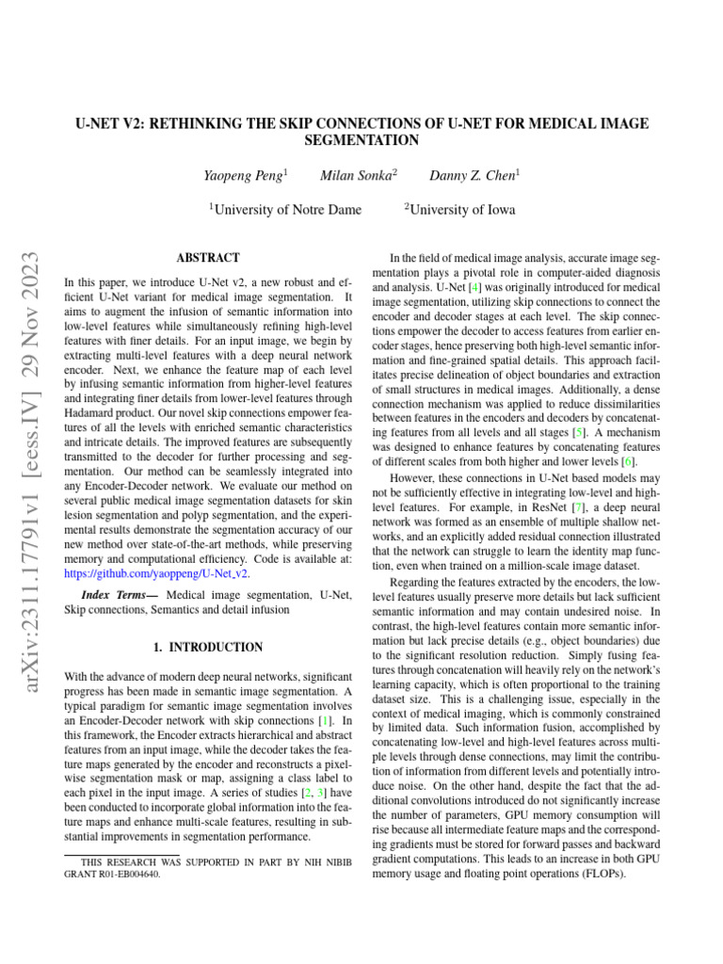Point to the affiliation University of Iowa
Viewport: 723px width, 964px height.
coord(461,210)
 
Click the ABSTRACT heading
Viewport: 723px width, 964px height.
coord(208,257)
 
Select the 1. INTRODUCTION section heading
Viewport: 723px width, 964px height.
coord(208,648)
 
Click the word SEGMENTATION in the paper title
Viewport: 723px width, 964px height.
coord(361,140)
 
